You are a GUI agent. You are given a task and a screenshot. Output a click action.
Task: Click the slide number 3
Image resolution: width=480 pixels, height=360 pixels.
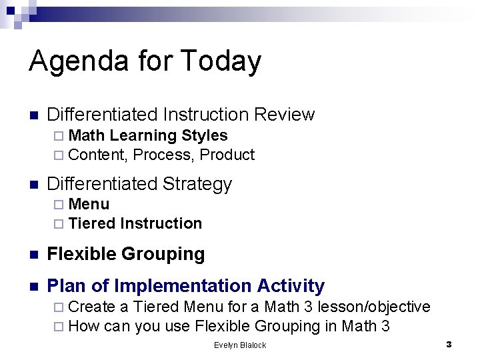(x=449, y=345)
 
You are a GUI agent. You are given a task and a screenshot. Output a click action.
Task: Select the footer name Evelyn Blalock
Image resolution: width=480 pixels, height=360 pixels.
(x=240, y=345)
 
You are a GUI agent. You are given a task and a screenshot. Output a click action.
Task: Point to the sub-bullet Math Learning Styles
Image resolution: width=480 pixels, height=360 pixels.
(x=147, y=135)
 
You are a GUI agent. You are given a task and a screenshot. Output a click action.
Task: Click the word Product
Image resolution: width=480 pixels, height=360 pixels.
(x=227, y=155)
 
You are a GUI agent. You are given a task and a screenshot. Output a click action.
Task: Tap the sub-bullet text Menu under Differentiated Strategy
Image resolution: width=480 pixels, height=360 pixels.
(x=89, y=204)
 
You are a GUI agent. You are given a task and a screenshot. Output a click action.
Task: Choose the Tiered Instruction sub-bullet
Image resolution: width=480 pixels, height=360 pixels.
(x=135, y=223)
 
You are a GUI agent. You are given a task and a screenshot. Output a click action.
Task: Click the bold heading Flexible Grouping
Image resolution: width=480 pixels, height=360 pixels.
(x=126, y=254)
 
